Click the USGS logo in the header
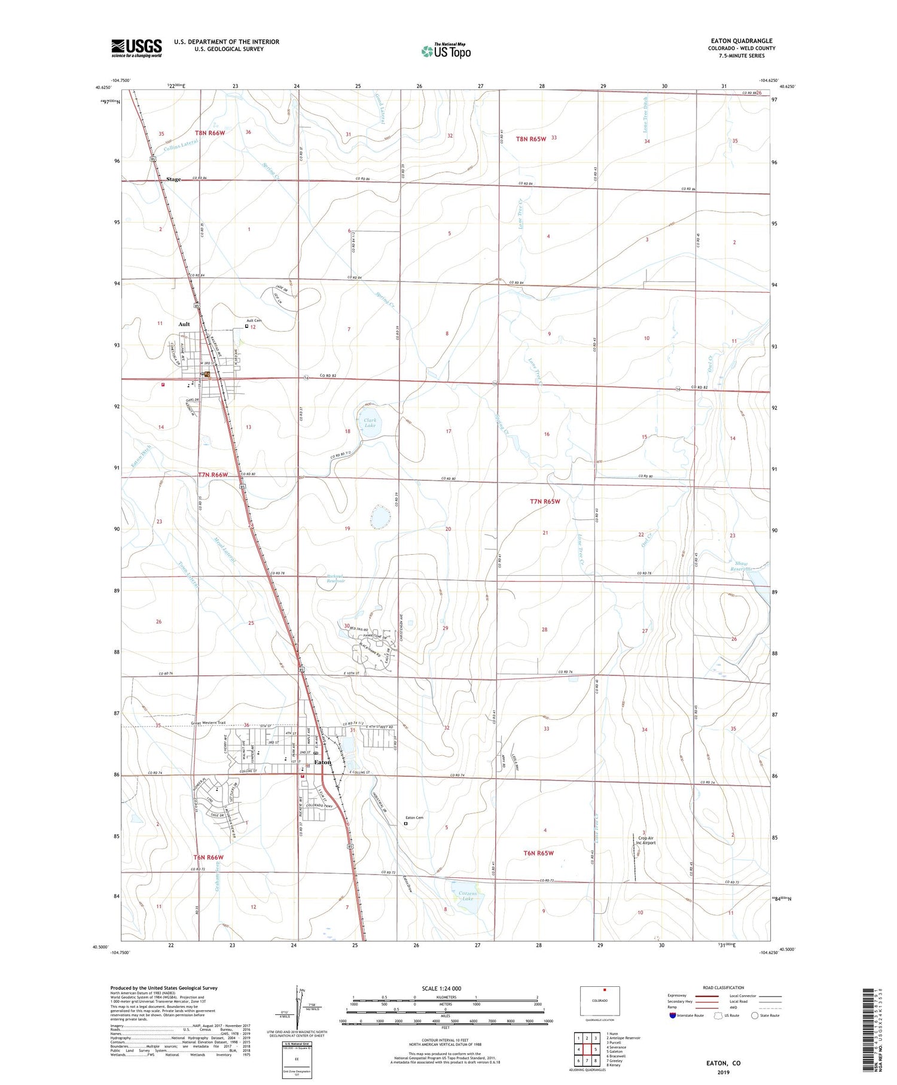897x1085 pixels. tap(136, 47)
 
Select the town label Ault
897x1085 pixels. tap(184, 324)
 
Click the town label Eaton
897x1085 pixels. tap(323, 762)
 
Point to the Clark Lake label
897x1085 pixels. tap(370, 423)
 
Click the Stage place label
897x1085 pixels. tap(173, 180)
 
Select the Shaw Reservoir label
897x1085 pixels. tap(741, 566)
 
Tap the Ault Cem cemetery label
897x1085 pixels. tap(254, 321)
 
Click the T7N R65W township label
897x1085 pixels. tap(545, 502)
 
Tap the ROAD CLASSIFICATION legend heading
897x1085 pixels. tap(724, 987)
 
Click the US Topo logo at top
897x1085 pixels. tap(446, 51)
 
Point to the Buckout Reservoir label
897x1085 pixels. tap(335, 579)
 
